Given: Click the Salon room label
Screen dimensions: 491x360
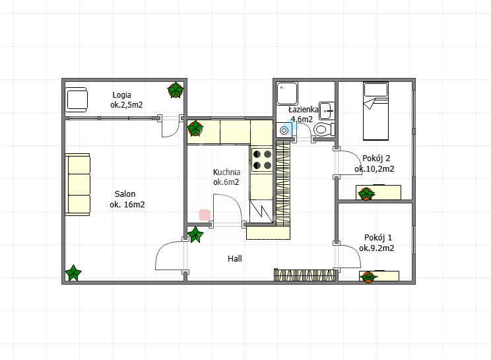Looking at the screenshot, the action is point(125,194).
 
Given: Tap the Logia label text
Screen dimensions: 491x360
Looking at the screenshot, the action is point(122,95).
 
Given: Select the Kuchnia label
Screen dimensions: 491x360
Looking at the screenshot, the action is point(227,172).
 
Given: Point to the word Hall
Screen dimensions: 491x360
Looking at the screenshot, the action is point(234,258).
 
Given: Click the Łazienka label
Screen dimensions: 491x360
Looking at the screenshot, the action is point(303,110).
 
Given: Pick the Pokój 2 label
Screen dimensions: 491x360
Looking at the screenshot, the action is point(376,159).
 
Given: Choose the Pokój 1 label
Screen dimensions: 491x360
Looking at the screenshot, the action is point(378,238).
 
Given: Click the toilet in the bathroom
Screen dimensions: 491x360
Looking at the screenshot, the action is point(324,129).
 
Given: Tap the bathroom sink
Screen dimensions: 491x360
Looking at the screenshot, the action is point(327,110).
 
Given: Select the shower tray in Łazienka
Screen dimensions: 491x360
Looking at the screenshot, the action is point(287,93).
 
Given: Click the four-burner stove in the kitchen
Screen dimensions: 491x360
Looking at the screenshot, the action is point(262,159).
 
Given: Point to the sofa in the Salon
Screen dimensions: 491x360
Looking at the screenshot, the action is point(78,184).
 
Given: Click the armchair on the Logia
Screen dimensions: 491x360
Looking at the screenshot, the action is point(77,100).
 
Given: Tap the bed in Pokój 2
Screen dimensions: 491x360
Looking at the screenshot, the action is point(376,111).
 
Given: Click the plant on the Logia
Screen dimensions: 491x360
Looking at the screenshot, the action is point(176,90).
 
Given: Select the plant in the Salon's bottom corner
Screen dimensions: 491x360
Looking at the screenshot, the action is point(73,273).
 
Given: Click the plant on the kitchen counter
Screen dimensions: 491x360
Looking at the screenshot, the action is point(195,128).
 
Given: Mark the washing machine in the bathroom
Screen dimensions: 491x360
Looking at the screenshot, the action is point(284,130).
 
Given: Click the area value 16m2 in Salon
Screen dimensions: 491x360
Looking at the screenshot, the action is point(135,205).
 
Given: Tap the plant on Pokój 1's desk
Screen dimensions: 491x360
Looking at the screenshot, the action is point(368,277).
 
